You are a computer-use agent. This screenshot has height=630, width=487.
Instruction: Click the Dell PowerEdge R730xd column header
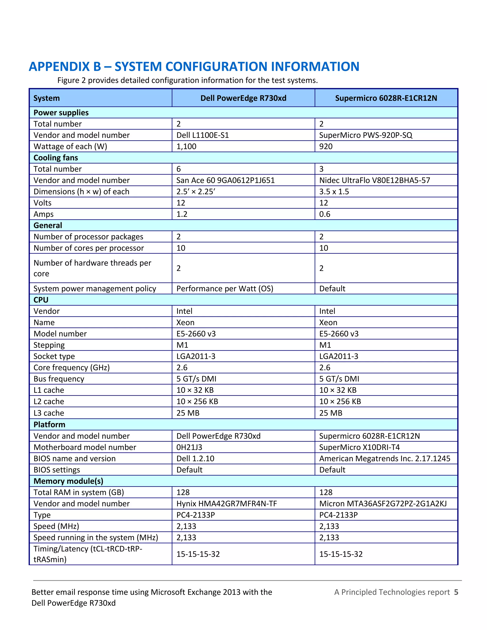(x=243, y=98)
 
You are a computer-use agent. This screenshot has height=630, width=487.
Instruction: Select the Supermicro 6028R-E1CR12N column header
(x=386, y=98)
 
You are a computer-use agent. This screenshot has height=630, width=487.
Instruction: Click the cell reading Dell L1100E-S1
(x=203, y=135)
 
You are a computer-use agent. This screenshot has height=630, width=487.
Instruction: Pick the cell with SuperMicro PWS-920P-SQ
(x=365, y=135)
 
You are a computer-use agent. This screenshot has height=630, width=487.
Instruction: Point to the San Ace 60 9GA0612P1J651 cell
(x=225, y=180)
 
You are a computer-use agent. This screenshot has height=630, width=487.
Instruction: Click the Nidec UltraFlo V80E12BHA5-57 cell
(x=375, y=180)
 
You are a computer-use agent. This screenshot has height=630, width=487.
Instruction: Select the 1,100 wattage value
(x=186, y=146)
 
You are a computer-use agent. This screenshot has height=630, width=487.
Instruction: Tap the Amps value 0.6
(x=325, y=214)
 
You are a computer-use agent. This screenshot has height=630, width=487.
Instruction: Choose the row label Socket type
(x=54, y=356)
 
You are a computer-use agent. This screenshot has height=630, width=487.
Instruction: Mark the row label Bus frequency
(x=59, y=379)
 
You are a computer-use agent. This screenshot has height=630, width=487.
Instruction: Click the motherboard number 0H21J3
(x=189, y=447)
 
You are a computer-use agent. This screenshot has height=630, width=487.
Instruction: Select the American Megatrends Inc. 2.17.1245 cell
(x=385, y=458)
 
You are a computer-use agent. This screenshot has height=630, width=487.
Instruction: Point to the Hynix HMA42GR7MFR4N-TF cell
(x=226, y=504)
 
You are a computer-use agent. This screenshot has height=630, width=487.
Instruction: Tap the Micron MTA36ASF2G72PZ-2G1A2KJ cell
(x=383, y=504)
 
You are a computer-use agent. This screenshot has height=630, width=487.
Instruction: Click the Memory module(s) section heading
(x=68, y=481)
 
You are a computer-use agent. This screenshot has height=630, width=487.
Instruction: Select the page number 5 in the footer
(x=456, y=592)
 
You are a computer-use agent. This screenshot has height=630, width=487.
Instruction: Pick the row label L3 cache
(x=49, y=413)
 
